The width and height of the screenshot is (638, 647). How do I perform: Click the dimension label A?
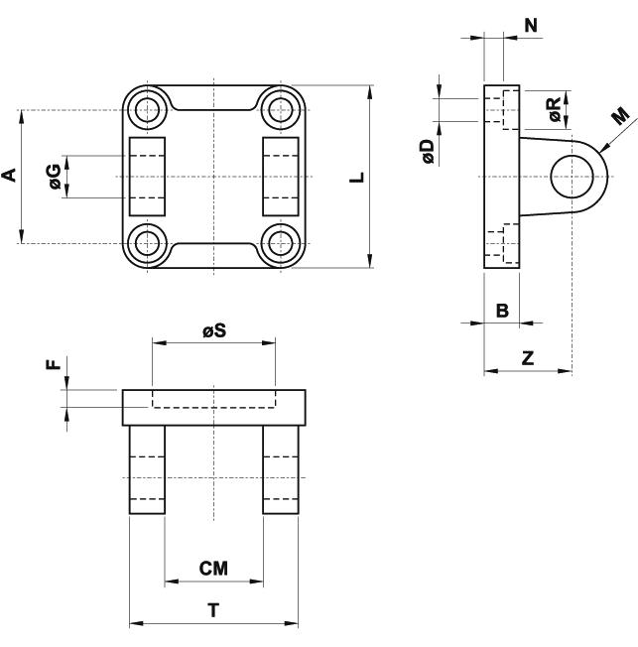[10, 176]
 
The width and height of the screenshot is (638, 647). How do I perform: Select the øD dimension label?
[427, 151]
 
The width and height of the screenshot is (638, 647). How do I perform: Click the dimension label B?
[502, 311]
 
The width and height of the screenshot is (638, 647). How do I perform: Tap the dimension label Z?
[528, 359]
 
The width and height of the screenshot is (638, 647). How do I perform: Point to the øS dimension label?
[213, 331]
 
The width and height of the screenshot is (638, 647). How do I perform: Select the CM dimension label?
[213, 569]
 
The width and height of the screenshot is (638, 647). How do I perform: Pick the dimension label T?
[213, 611]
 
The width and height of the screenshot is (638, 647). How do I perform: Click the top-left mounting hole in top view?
[149, 109]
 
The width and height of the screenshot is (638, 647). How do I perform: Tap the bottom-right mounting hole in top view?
[282, 242]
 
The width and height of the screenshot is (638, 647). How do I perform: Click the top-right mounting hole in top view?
[282, 109]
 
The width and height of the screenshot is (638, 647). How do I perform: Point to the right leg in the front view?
[280, 468]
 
